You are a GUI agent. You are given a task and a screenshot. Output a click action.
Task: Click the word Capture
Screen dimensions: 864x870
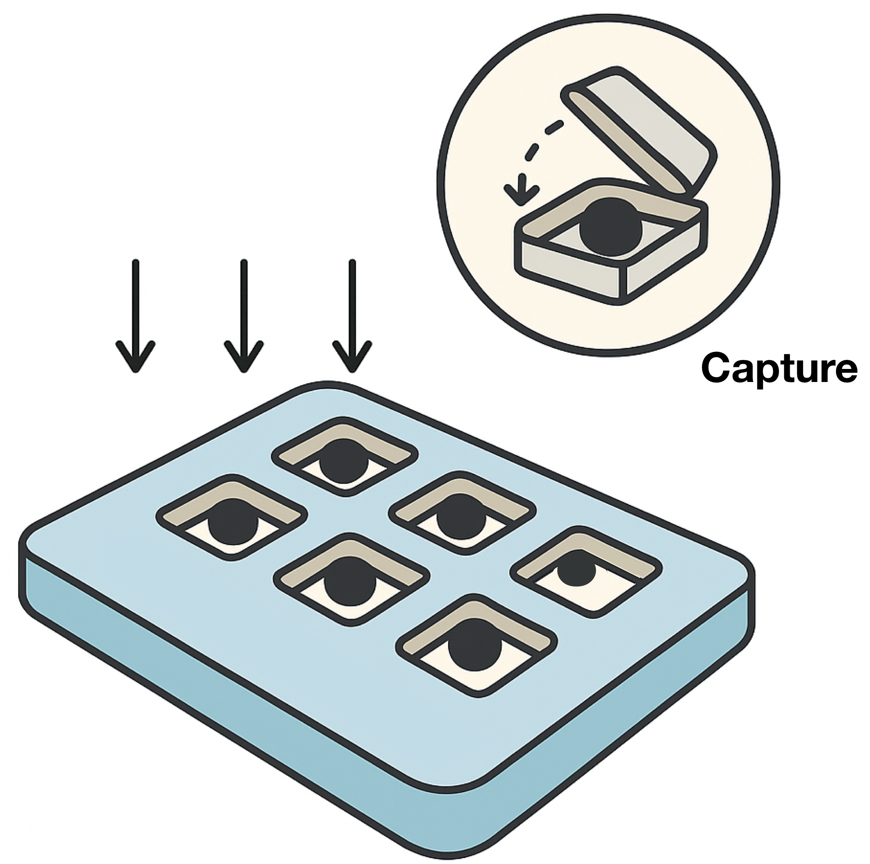click(x=779, y=368)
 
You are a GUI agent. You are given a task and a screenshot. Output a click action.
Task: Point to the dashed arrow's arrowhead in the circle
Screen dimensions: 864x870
click(x=520, y=195)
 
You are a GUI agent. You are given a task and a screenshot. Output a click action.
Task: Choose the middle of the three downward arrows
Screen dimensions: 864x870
click(x=244, y=315)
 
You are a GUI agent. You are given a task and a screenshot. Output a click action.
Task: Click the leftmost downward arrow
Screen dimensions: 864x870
click(x=135, y=315)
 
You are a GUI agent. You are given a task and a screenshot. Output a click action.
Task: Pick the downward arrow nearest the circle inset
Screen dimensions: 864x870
click(x=352, y=315)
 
